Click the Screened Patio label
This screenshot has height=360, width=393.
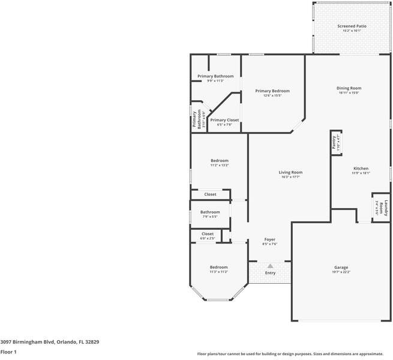(x=352, y=26)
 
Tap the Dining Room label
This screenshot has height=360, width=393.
(x=349, y=88)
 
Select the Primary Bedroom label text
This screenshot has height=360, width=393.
(x=272, y=91)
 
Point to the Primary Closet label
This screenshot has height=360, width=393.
(x=224, y=120)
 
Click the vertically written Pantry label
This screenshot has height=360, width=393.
(x=334, y=142)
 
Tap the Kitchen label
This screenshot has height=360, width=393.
(x=361, y=169)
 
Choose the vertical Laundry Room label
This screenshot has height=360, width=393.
(x=385, y=208)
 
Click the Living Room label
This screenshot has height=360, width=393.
(x=290, y=173)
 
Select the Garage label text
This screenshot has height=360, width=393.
(x=341, y=268)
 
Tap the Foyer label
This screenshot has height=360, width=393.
(x=270, y=239)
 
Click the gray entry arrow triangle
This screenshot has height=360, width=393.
(x=270, y=265)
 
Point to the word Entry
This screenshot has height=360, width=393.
(x=270, y=273)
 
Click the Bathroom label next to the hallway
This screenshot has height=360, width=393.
(x=210, y=212)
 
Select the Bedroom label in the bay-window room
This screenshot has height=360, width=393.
(x=218, y=267)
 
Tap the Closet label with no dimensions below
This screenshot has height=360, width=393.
(x=210, y=194)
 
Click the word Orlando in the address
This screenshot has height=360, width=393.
(x=65, y=341)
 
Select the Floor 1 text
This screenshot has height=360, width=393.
(x=8, y=352)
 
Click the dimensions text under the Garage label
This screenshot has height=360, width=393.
(x=341, y=272)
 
